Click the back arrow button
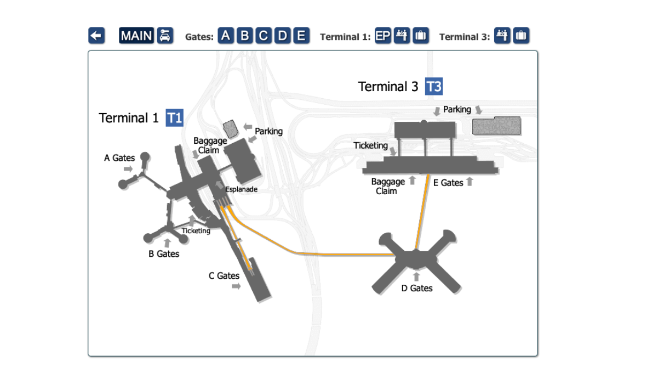pyautogui.click(x=96, y=36)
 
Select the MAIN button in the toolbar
pyautogui.click(x=137, y=36)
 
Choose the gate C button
pyautogui.click(x=264, y=36)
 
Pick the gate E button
pyautogui.click(x=301, y=36)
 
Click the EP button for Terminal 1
pyautogui.click(x=383, y=36)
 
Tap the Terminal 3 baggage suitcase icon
pyautogui.click(x=520, y=36)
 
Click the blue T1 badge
pyautogui.click(x=174, y=118)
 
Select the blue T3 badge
pyautogui.click(x=433, y=87)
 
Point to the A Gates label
pyautogui.click(x=119, y=158)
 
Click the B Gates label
pyautogui.click(x=164, y=254)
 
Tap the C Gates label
pyautogui.click(x=224, y=275)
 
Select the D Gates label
pyautogui.click(x=417, y=288)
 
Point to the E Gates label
pyautogui.click(x=448, y=183)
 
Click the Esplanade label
pyautogui.click(x=241, y=189)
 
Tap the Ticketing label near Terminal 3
pyautogui.click(x=370, y=145)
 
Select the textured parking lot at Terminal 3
pyautogui.click(x=496, y=126)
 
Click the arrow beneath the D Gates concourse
pyautogui.click(x=416, y=277)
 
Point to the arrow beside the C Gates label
pyautogui.click(x=236, y=286)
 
